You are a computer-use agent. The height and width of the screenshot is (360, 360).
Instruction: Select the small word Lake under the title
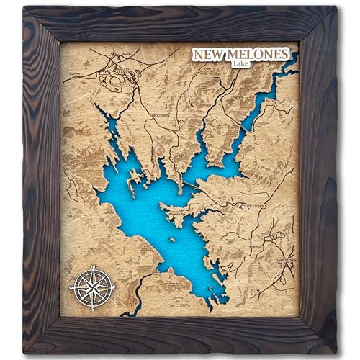point(242,65)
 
